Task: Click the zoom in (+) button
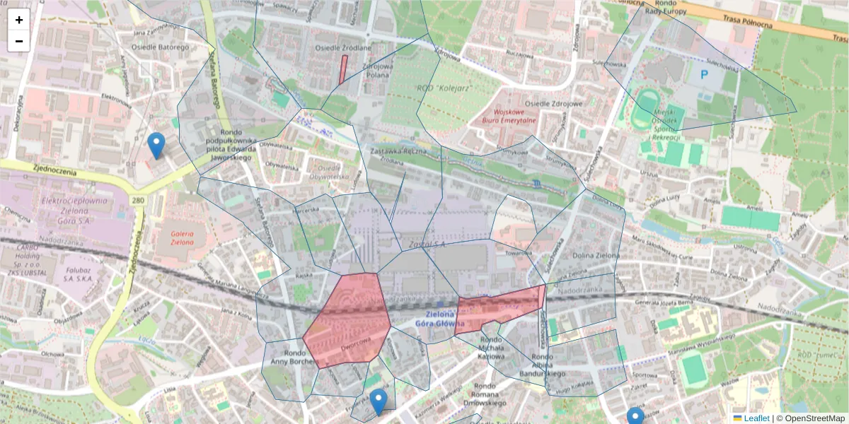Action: [19, 20]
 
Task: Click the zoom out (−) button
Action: [19, 41]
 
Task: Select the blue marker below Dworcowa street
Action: [379, 401]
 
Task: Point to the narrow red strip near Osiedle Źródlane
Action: [343, 69]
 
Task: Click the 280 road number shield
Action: [137, 201]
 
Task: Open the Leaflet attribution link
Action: [756, 418]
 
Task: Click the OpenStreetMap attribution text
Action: [814, 418]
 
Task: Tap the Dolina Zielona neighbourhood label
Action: [595, 255]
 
